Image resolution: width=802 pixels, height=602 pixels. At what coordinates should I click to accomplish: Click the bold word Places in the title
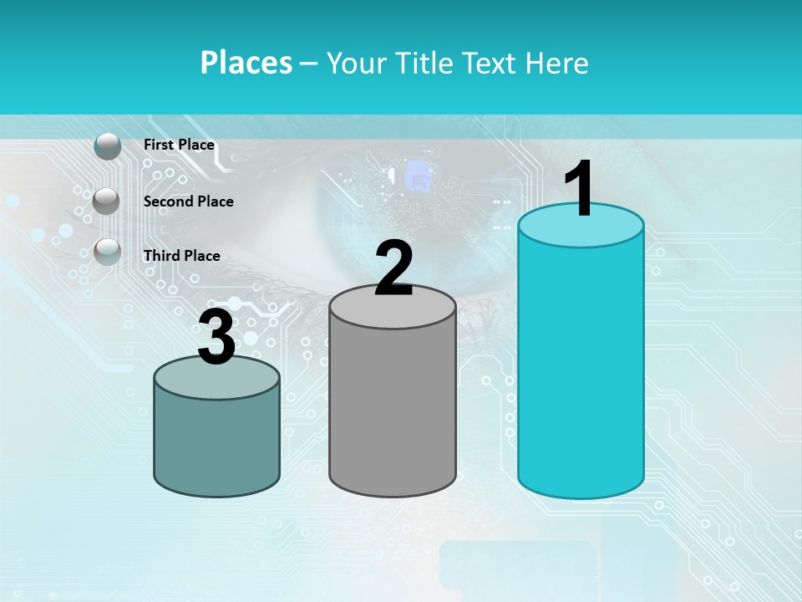tap(246, 63)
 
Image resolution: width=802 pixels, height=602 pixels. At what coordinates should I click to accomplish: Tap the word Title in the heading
tap(429, 63)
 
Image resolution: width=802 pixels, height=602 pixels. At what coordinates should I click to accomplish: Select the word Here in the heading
tap(557, 63)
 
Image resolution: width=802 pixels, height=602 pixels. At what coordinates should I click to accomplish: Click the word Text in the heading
tap(490, 63)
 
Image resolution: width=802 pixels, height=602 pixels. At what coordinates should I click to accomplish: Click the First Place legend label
tap(179, 145)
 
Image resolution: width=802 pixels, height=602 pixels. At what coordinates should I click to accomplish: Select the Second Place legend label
tap(188, 202)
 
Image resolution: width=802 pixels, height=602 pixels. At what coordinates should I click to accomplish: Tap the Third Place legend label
tap(181, 256)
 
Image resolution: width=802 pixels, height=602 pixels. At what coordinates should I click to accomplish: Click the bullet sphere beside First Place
tap(108, 146)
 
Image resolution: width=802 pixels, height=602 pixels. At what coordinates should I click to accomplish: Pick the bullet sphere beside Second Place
tap(106, 201)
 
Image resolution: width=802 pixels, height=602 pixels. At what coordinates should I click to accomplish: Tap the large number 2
tap(393, 268)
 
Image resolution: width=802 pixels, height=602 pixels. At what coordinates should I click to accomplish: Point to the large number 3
tap(216, 339)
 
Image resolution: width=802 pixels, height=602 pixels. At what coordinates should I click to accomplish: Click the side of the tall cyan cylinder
tap(581, 368)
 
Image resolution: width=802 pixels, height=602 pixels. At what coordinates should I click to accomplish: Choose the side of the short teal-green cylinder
tap(216, 443)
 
